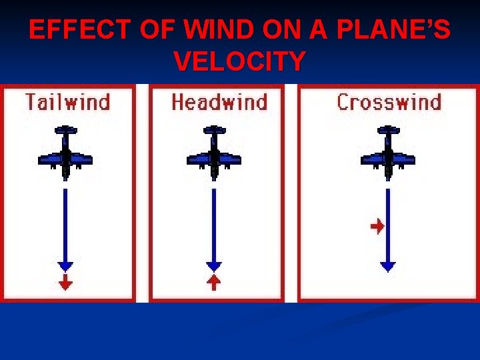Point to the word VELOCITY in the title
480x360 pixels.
240,61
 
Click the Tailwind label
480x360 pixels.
67,103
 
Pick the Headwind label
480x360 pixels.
219,103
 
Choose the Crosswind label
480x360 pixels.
389,103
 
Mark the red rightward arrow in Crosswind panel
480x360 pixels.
377,227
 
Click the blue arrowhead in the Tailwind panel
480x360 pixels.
65,265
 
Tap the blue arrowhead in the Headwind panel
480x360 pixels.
213,265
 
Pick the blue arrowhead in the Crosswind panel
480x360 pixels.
387,265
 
